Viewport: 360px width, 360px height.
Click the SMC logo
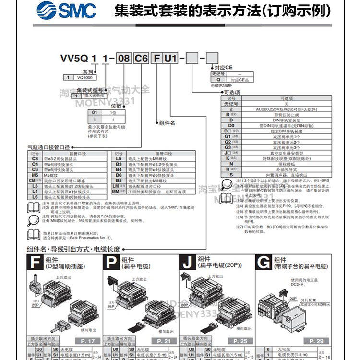tap(66, 10)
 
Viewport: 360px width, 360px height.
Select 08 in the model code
tap(124, 59)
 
